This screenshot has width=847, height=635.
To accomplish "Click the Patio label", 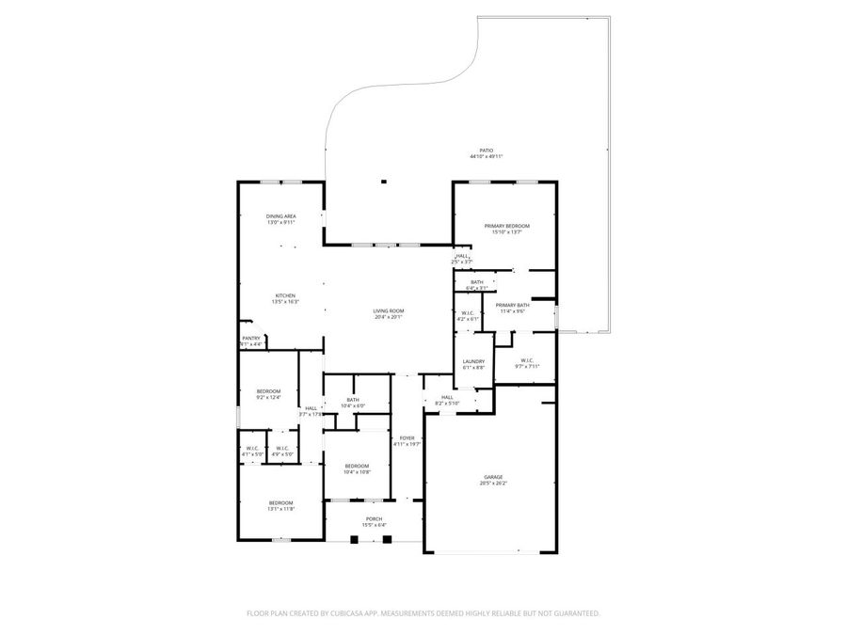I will (486, 151).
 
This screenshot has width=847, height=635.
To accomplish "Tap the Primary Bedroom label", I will (506, 226).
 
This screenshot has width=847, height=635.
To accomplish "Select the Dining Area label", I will (281, 216).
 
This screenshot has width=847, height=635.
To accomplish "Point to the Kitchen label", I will (284, 295).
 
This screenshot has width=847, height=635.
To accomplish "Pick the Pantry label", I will (250, 338).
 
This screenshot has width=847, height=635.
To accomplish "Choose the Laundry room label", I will (472, 361).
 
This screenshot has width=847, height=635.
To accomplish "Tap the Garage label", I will (493, 478).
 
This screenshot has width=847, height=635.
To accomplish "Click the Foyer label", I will (407, 437).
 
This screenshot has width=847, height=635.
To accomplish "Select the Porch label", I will (375, 519).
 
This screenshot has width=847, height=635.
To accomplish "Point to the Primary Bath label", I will (512, 305).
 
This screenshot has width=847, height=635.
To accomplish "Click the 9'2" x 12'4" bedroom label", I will (269, 391).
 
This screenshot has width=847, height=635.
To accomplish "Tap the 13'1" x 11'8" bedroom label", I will (281, 502).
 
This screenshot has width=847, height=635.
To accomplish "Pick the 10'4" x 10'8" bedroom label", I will (357, 466).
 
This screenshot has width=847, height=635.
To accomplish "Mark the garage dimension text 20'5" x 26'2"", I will (493, 484).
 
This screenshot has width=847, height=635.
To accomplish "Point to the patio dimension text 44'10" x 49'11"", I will (487, 157).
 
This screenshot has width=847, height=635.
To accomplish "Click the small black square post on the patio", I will (383, 182).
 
